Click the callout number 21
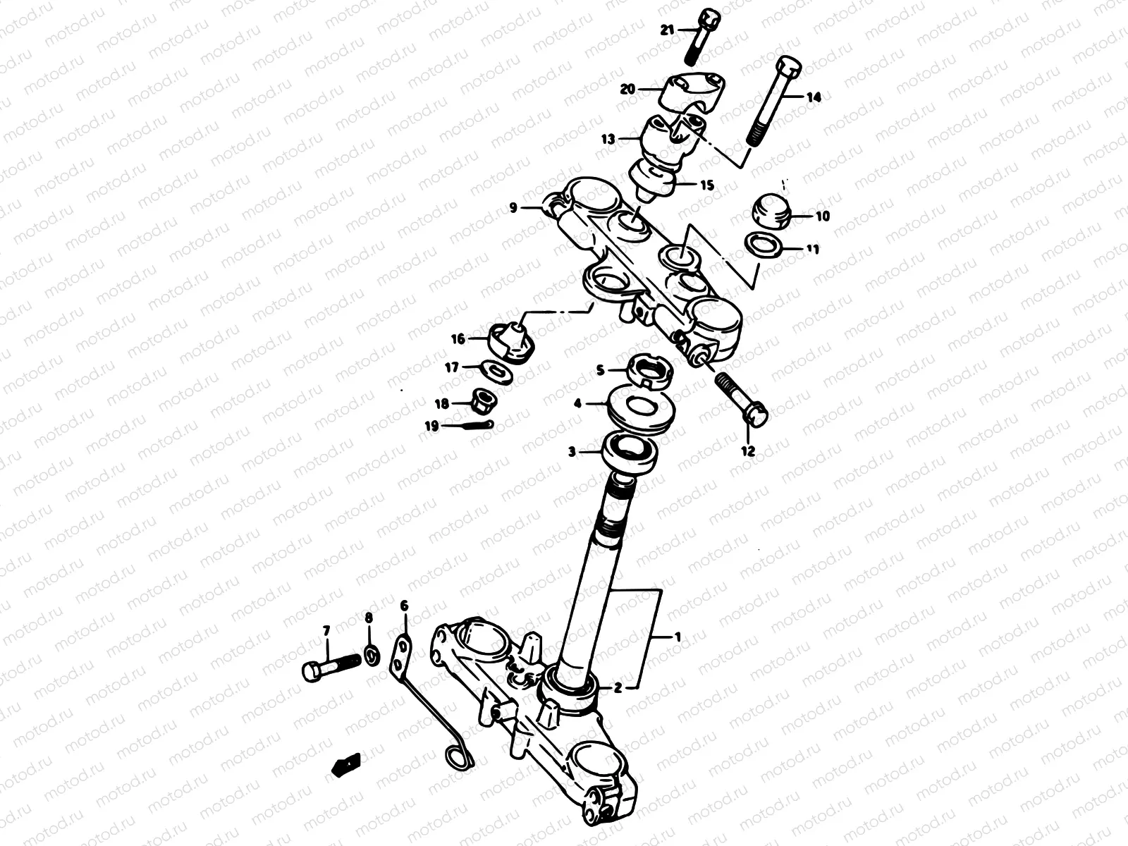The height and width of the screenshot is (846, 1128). [667, 30]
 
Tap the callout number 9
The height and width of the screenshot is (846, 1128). [513, 208]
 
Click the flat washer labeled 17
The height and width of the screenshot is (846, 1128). [500, 371]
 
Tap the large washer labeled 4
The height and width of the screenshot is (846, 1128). [641, 407]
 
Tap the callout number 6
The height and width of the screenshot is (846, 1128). [404, 606]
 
